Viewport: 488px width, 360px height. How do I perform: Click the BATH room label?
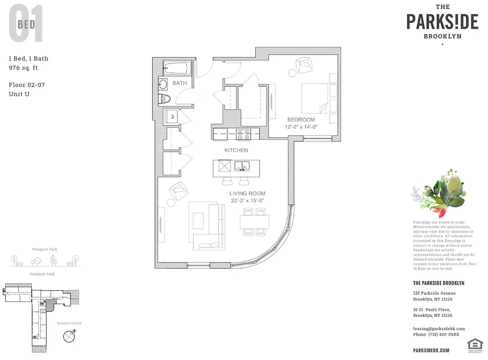180,83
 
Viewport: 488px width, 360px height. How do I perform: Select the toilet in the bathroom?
165,99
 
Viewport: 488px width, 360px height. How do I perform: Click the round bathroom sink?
163,84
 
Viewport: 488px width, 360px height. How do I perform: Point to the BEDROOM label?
301,120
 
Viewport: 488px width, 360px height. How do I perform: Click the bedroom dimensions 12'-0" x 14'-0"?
301,127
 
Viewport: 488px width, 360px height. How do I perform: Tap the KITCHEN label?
236,150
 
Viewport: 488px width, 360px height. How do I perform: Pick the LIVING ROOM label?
248,193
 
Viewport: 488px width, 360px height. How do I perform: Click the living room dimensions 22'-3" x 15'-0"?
248,201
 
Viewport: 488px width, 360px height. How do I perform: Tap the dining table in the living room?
254,222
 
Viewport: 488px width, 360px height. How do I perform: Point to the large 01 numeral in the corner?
26,24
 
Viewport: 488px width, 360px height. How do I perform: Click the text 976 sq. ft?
24,68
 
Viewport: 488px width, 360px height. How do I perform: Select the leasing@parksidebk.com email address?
439,328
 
